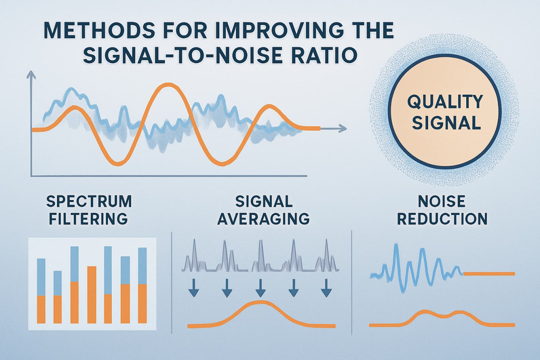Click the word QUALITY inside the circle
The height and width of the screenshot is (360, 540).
(x=445, y=102)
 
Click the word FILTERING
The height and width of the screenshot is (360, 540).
(x=88, y=219)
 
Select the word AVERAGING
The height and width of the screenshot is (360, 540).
(x=263, y=219)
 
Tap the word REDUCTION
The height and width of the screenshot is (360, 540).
(x=442, y=219)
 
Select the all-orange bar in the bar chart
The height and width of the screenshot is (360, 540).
(x=92, y=295)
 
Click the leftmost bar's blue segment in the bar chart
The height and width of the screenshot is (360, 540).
(x=41, y=277)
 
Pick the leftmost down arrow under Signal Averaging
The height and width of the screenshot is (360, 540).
(x=194, y=288)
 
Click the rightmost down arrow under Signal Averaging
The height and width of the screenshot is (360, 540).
(x=327, y=288)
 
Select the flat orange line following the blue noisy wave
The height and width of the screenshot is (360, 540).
(x=489, y=273)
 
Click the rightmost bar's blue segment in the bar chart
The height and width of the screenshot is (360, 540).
(x=142, y=266)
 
